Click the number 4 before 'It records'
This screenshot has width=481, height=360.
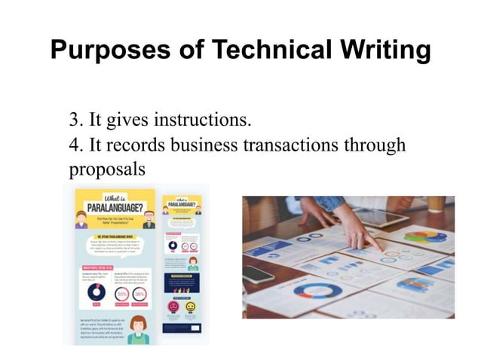(x=74, y=143)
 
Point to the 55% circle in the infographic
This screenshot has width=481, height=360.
(x=121, y=293)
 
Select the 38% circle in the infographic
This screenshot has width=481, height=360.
(x=141, y=293)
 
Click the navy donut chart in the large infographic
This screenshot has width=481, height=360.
(x=96, y=291)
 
